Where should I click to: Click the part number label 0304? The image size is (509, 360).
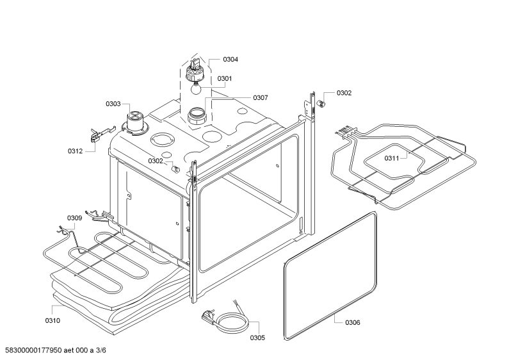(x=230, y=59)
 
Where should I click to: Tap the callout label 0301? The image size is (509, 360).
(x=225, y=78)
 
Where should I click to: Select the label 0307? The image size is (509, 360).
(x=261, y=97)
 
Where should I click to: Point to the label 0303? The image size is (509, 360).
(x=113, y=104)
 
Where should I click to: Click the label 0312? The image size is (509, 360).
(x=76, y=151)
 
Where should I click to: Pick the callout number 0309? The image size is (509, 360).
(x=75, y=218)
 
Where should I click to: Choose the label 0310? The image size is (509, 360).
(x=53, y=321)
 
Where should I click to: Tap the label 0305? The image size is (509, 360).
(x=257, y=338)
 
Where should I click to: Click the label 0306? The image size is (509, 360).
(x=353, y=322)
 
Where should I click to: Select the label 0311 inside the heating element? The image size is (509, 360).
(x=391, y=158)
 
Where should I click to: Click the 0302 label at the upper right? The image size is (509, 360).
(x=344, y=93)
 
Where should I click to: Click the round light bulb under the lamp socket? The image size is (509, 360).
(x=195, y=88)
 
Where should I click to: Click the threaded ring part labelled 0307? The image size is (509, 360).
(x=197, y=116)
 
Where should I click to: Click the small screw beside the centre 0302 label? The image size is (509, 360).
(x=176, y=169)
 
